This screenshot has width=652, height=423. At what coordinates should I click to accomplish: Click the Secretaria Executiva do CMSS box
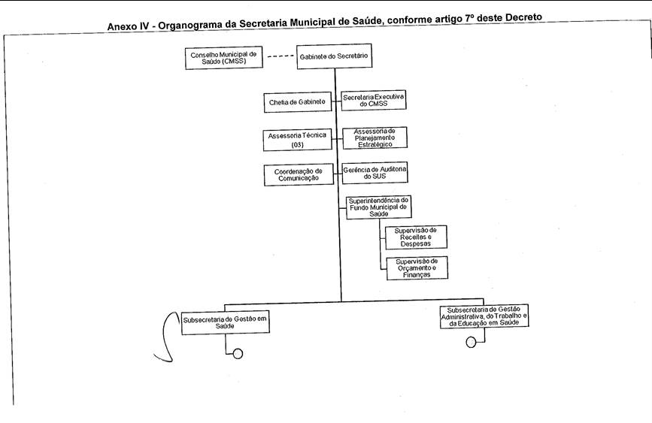click(x=375, y=100)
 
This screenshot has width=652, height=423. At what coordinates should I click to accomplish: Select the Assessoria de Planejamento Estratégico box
click(x=375, y=137)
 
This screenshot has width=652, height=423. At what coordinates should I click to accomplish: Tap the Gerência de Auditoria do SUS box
click(x=375, y=174)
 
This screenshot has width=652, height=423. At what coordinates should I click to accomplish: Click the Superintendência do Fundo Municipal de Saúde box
click(x=378, y=207)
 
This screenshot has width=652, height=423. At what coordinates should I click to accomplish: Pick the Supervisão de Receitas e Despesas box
click(x=416, y=237)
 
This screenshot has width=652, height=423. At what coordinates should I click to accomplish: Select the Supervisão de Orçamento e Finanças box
click(x=416, y=268)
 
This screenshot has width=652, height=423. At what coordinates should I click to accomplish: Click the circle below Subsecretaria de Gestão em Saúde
click(x=238, y=354)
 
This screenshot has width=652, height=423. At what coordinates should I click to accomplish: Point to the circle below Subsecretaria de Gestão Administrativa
click(x=472, y=343)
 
